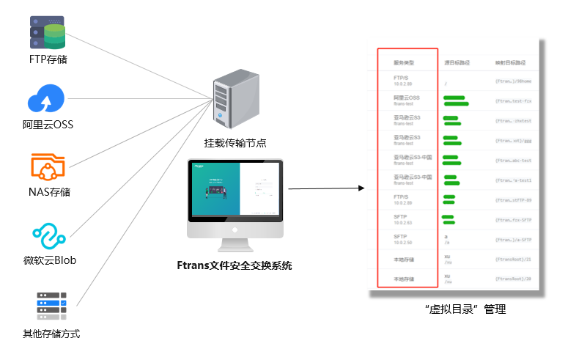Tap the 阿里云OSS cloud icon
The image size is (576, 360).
tap(46, 99)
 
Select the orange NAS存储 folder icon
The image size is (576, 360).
tap(47, 167)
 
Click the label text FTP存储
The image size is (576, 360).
tap(48, 59)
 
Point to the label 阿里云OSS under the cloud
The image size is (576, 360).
tap(48, 125)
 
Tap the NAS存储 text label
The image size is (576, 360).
tap(47, 192)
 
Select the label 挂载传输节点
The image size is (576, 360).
tap(235, 143)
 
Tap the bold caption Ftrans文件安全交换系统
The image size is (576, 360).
tap(235, 265)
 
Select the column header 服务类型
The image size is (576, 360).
tap(404, 63)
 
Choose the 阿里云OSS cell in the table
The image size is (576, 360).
tap(406, 100)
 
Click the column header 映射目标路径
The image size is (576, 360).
tap(510, 63)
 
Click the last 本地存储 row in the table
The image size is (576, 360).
tap(404, 279)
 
